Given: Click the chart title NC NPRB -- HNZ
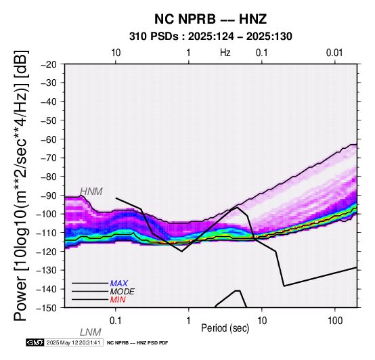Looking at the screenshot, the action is (x=211, y=19).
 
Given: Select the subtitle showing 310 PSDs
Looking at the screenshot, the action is (x=211, y=37).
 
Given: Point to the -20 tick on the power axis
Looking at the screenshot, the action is (x=49, y=64).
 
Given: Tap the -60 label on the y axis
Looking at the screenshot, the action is (x=49, y=139).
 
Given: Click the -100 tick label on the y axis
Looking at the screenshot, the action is (x=47, y=214).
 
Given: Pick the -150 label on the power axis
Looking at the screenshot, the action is (x=47, y=308).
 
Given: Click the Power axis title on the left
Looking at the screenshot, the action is (x=20, y=185).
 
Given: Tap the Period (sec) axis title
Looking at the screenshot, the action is (x=225, y=328).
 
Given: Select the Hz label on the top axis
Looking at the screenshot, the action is (x=225, y=53).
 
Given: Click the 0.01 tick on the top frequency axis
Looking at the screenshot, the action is (x=334, y=53).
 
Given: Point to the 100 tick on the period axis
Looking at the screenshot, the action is (x=335, y=321).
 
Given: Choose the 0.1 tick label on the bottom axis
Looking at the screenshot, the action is (x=116, y=321).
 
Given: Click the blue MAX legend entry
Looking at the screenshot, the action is (x=119, y=284).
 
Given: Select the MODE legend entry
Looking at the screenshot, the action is (x=123, y=292).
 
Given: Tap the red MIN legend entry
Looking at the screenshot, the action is (x=118, y=300).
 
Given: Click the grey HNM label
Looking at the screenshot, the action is (x=91, y=192).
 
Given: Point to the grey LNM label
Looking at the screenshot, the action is (x=91, y=332).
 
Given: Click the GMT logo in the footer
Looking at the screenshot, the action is (x=35, y=342).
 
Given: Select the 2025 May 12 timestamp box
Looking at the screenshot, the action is (x=74, y=342).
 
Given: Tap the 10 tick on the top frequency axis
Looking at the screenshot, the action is (x=116, y=53).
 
